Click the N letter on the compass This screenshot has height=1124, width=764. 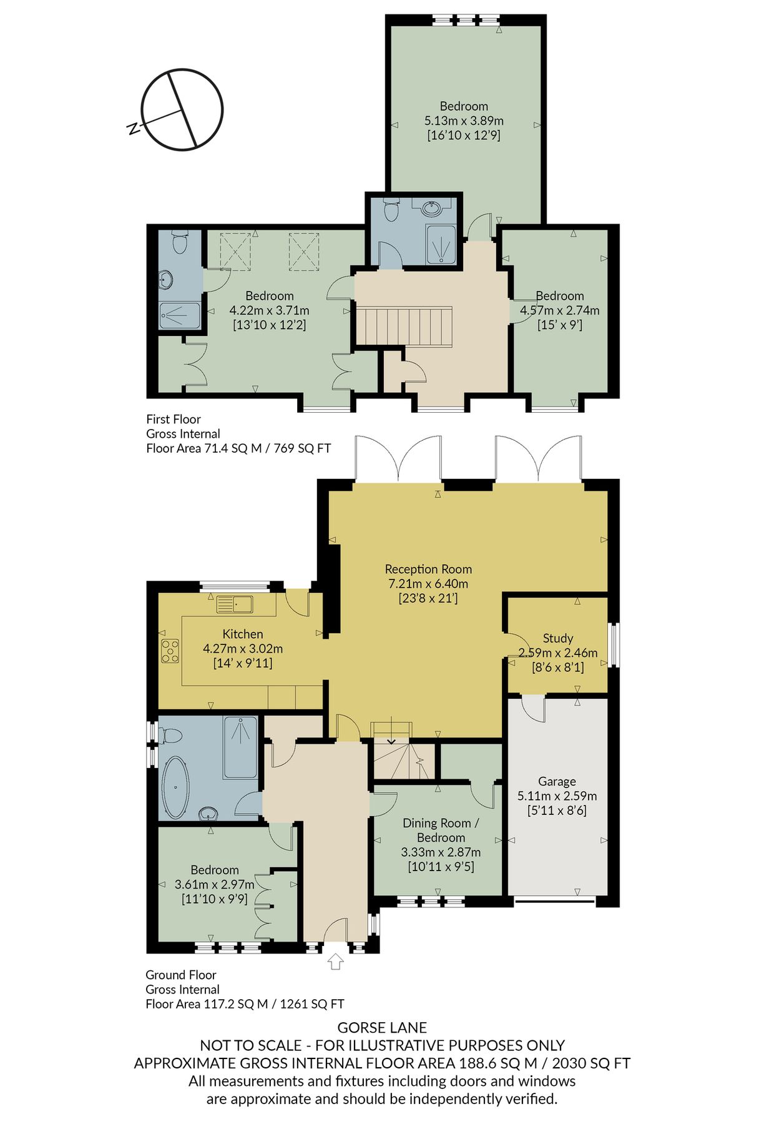point(132,129)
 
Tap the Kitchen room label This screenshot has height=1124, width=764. point(243,634)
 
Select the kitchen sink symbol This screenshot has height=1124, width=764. point(235,604)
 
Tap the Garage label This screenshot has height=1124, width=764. point(557,781)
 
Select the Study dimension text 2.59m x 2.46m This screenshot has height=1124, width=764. point(558,653)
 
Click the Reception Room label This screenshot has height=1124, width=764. point(428,569)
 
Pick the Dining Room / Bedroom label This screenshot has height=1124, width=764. point(441,830)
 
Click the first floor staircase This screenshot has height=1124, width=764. point(404,326)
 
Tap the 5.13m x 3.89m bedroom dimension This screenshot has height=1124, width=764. point(464,121)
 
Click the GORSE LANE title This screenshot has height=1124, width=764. point(382,1027)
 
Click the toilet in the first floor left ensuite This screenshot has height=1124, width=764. point(179,243)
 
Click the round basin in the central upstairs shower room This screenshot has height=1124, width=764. point(431,208)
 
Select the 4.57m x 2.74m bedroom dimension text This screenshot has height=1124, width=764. point(560,310)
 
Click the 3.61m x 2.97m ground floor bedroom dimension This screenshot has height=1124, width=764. point(215,884)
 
